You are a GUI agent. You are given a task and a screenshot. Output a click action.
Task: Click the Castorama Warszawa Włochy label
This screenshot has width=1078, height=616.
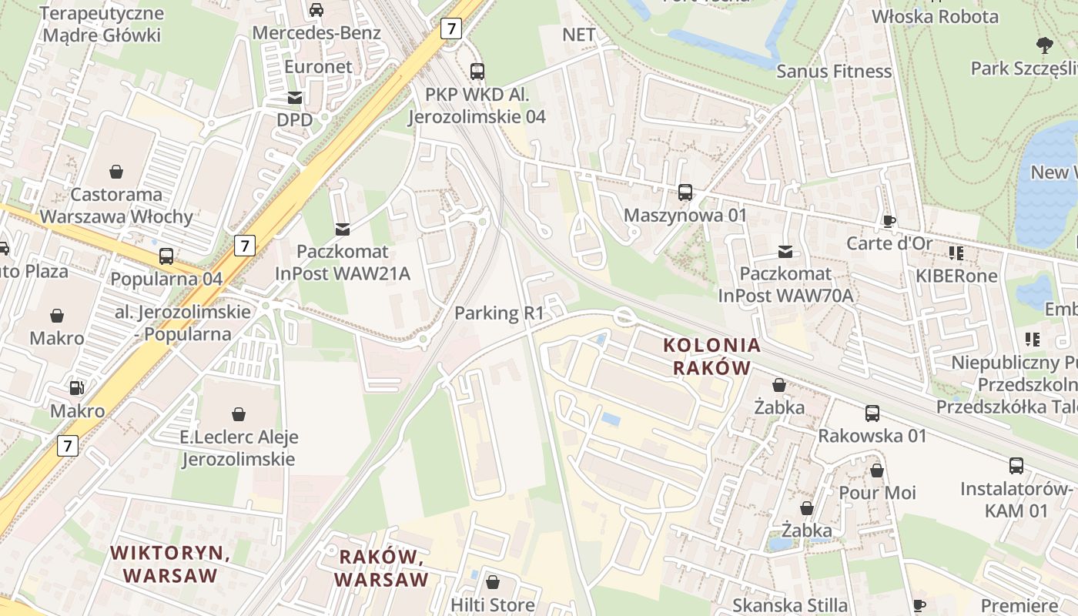point(116,206)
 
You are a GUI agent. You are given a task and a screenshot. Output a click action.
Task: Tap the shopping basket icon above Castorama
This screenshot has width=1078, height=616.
point(116,171)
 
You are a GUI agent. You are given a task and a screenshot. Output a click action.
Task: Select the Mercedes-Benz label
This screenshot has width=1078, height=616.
point(316,33)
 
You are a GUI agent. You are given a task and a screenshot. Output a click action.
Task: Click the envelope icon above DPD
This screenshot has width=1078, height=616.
point(295,98)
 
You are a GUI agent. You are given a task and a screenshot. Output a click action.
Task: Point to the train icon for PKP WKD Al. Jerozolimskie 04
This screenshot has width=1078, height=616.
point(477,72)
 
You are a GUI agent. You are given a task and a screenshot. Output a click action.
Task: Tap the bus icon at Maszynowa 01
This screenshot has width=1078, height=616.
point(685,192)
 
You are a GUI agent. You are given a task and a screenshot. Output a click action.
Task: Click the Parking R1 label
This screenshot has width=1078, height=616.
point(499,313)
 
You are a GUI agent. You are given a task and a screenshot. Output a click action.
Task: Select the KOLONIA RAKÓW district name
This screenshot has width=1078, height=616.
point(711,357)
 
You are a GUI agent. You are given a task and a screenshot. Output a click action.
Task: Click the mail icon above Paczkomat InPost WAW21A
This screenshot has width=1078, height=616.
point(343,229)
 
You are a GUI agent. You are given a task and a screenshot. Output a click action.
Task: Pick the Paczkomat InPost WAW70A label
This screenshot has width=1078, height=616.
point(785,285)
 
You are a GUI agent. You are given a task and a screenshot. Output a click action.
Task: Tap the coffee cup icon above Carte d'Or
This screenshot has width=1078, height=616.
point(889,222)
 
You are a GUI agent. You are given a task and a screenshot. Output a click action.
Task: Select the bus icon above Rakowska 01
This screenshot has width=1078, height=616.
point(872,413)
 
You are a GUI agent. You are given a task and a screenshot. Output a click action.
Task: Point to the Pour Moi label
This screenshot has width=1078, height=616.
point(877,493)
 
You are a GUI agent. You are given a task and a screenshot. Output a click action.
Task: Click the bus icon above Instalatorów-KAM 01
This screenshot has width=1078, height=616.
point(1016,466)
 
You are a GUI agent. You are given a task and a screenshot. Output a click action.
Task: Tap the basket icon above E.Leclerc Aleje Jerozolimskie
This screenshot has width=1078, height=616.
point(239,414)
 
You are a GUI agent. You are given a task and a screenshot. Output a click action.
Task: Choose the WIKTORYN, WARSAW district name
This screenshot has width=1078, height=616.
point(170,564)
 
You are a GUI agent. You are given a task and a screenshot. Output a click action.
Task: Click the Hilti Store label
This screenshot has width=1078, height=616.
point(493,605)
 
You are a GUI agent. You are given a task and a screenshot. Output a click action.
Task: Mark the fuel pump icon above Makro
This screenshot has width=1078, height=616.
point(77,388)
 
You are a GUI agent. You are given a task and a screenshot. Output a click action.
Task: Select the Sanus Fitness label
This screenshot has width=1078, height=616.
point(834,72)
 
